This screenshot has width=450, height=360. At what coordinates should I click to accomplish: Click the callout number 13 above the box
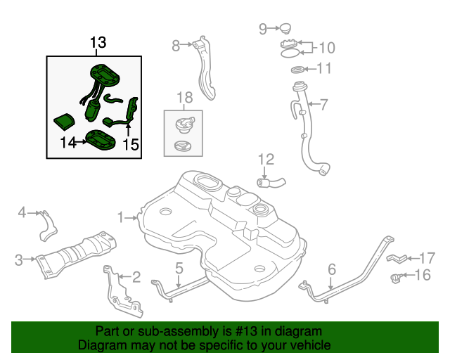point(98,42)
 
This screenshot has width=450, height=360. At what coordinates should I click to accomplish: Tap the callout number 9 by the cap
point(263,29)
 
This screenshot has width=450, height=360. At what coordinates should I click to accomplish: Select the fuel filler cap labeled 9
point(285,29)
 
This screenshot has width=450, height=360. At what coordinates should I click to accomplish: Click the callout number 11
point(324,68)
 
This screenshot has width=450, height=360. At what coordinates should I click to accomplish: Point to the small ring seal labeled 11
point(297,70)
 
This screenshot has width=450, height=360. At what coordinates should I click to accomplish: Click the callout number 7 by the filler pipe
point(323,105)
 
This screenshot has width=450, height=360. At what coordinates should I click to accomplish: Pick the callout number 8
point(176,46)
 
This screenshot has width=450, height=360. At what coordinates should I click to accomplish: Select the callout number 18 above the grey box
point(185,98)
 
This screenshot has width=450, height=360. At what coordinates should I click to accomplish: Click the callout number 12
point(266,160)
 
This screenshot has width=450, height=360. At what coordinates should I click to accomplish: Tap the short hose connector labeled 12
point(271,183)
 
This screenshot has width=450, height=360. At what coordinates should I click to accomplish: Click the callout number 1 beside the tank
point(121,217)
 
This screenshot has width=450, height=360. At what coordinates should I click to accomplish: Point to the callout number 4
point(22,213)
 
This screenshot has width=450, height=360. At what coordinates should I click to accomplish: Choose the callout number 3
point(19,260)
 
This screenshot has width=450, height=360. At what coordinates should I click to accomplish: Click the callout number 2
point(136,277)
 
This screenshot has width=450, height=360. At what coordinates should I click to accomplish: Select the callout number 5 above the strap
point(179,268)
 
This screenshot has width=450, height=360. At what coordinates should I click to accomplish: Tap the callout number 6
point(331,269)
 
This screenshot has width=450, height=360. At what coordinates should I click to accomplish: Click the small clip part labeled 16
point(397,278)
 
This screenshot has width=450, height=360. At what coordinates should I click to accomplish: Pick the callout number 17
point(427,258)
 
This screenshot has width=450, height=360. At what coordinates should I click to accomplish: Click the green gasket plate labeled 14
point(101,140)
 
